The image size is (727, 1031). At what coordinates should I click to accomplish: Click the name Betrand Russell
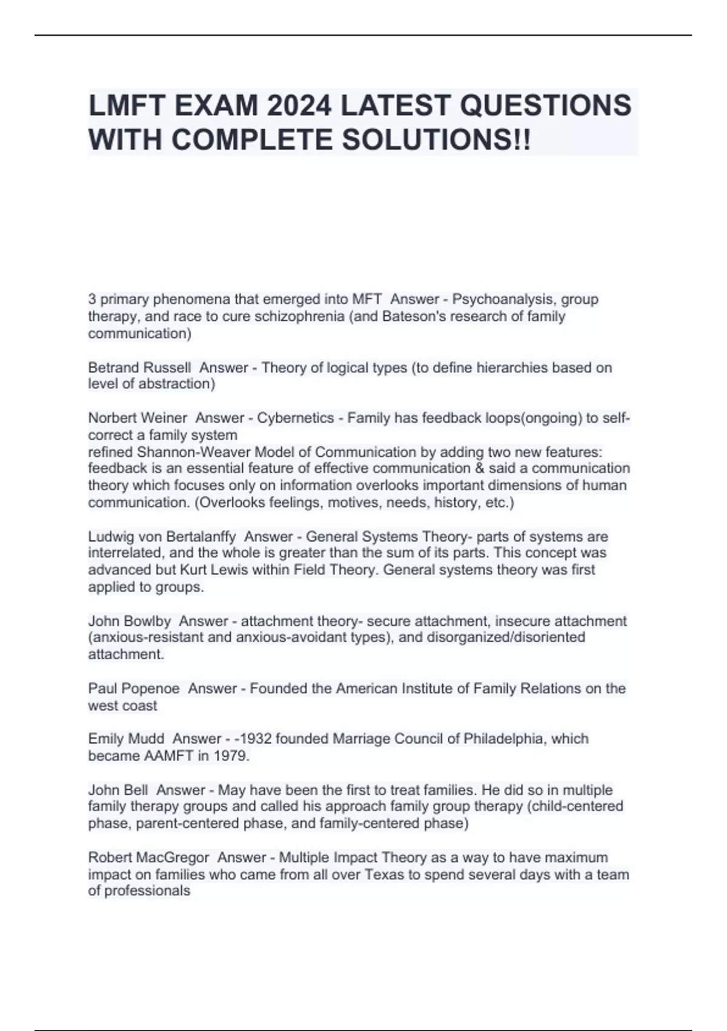139,368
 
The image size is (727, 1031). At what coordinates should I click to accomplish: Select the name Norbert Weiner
138,418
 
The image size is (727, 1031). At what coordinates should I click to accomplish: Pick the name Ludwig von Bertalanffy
162,537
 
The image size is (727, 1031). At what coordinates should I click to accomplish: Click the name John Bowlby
130,621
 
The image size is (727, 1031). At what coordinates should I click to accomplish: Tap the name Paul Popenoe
134,688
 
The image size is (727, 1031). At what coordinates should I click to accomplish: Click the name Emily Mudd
126,739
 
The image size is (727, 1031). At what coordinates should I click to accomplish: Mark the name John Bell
118,790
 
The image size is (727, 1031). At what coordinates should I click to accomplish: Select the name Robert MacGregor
148,858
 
